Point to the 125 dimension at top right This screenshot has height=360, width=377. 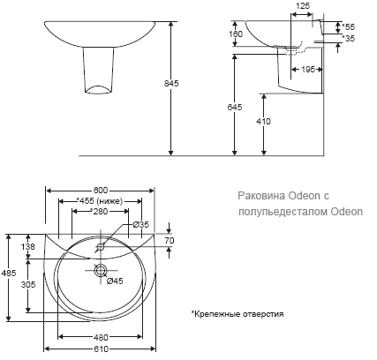[303, 7]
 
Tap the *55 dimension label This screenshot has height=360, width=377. [347, 28]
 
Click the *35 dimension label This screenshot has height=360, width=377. [347, 40]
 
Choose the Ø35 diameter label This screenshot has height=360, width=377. [139, 226]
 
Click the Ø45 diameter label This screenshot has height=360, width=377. [113, 281]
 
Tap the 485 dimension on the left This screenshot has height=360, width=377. [8, 274]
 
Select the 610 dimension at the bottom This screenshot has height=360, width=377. [101, 349]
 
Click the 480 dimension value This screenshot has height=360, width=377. [101, 337]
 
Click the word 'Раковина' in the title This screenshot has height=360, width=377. [262, 198]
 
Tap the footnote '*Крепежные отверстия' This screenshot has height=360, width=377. [238, 313]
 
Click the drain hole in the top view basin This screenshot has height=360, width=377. [100, 270]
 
